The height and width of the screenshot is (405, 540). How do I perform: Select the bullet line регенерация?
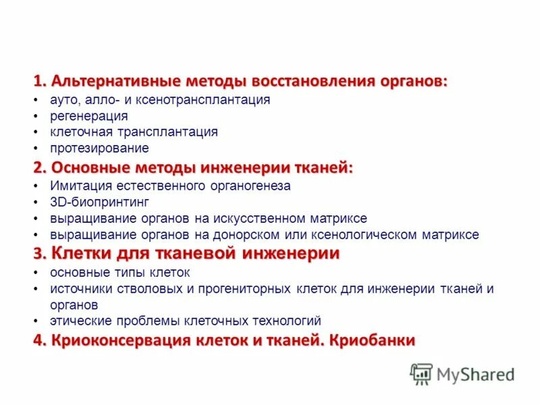pyautogui.click(x=88, y=116)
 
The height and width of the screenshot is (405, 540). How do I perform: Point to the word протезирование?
pyautogui.click(x=99, y=148)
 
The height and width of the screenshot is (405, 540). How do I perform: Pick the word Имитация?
pyautogui.click(x=74, y=186)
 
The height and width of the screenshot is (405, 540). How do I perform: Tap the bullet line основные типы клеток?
pyautogui.click(x=120, y=273)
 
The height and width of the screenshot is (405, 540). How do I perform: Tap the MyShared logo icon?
pyautogui.click(x=421, y=374)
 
